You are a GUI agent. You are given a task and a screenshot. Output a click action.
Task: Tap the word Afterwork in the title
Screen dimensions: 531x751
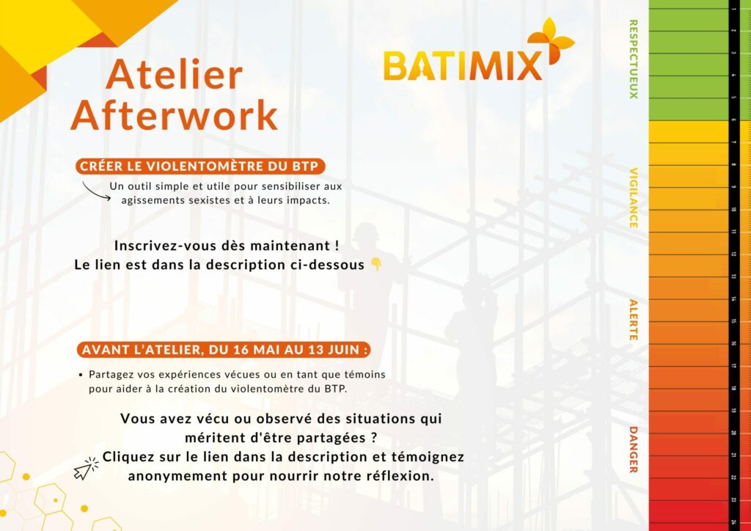pyautogui.click(x=175, y=115)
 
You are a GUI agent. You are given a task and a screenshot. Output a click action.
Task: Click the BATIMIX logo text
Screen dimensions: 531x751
pyautogui.click(x=462, y=66)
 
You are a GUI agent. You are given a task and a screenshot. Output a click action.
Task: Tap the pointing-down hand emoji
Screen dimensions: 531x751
pyautogui.click(x=375, y=265)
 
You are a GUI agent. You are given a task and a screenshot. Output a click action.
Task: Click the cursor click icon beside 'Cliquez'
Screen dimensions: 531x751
pyautogui.click(x=86, y=468)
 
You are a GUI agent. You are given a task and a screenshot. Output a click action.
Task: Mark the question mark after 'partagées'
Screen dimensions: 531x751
pyautogui.click(x=364, y=437)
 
